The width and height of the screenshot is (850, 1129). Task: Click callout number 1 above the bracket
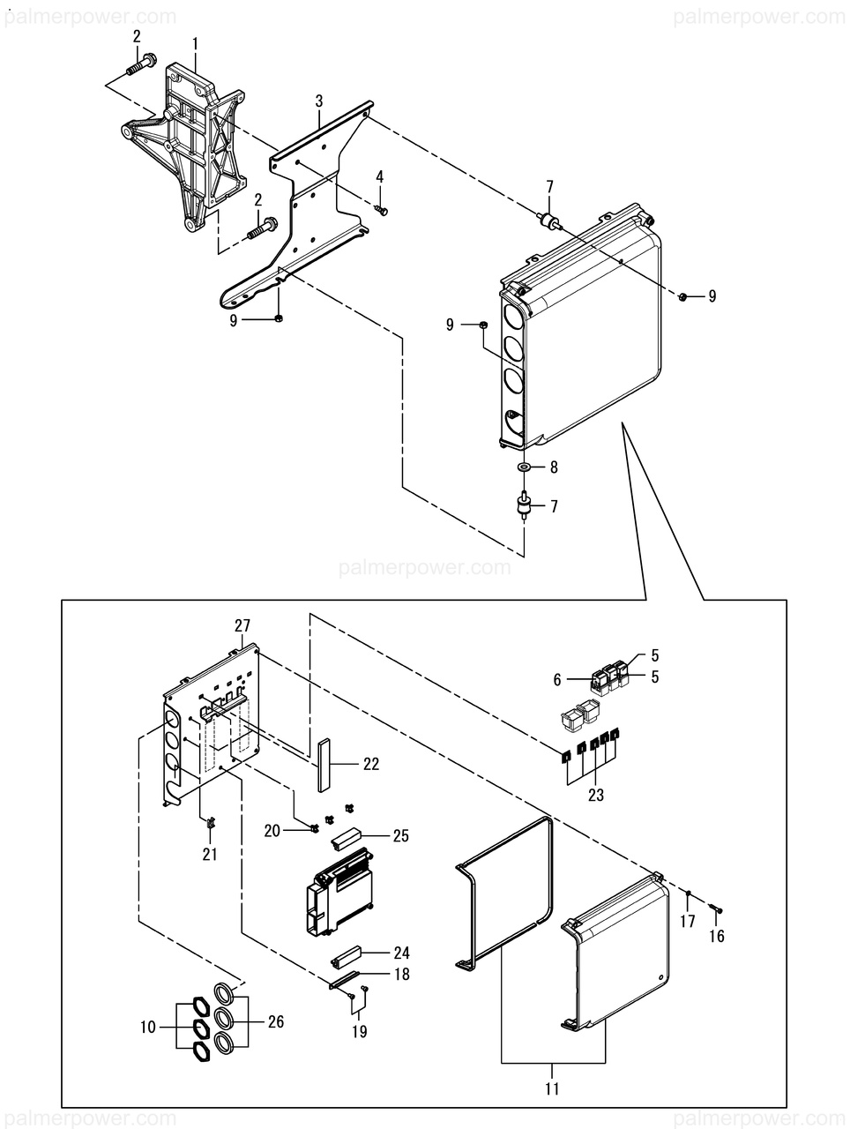point(195,43)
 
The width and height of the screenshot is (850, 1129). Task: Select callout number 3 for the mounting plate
point(319,102)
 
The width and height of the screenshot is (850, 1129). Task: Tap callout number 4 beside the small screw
point(380,177)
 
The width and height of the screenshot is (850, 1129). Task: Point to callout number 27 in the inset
point(242,625)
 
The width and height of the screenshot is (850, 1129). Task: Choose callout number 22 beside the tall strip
point(370,765)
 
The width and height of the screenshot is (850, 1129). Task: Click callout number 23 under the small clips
point(596,794)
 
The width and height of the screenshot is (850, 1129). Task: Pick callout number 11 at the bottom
point(552,1088)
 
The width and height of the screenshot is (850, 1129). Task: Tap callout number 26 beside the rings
point(276,1022)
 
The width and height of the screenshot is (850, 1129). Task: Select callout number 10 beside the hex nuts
point(147,1027)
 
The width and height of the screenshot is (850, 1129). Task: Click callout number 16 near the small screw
point(717,936)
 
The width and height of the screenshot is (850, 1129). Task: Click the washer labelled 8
point(524,466)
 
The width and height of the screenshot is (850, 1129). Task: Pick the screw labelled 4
point(381,209)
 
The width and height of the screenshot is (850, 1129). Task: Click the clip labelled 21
point(211,824)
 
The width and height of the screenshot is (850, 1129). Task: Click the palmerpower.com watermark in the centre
point(424,567)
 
